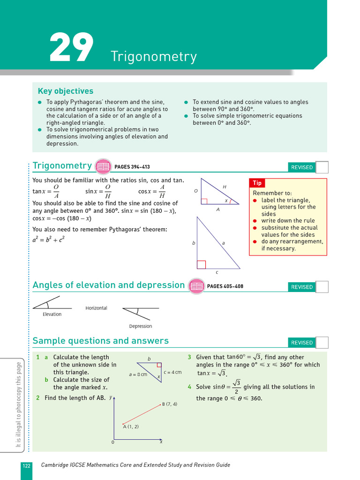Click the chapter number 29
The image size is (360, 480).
pos(71,48)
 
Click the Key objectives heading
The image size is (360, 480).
pos(65,91)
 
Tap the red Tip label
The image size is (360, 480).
pos(257,183)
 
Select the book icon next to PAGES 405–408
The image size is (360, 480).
pos(196,286)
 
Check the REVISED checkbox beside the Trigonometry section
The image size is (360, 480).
pos(322,167)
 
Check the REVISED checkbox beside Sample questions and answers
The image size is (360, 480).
pos(322,343)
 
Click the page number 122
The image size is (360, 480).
pos(26,465)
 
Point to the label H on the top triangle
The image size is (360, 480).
pos(225,187)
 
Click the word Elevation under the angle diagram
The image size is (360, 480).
pos(52,314)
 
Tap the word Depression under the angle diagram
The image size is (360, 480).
pos(141,326)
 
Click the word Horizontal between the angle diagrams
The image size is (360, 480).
pos(96,308)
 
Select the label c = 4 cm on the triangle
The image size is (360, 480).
pos(172,372)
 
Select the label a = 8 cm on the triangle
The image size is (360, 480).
pos(138,374)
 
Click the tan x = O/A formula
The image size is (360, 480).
pos(46,191)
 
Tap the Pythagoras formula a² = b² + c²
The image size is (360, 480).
pos(48,239)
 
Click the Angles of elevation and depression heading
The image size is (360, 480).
pos(109,285)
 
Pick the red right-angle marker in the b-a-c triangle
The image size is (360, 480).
pos(201,265)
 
